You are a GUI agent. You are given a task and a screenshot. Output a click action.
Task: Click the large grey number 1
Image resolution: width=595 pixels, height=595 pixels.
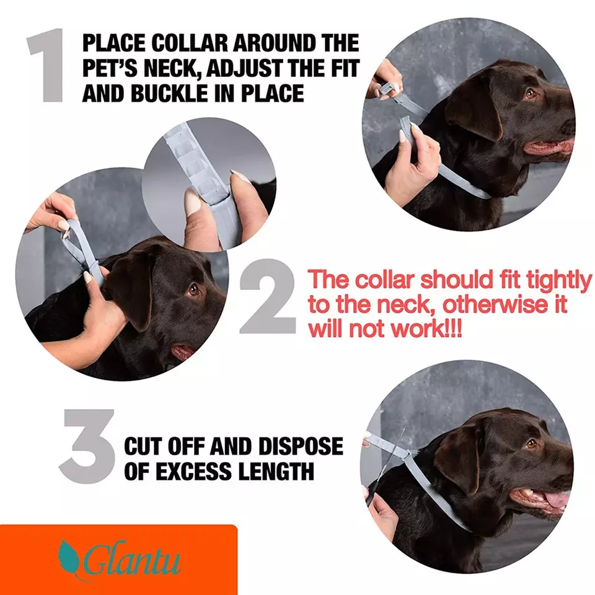(47, 67)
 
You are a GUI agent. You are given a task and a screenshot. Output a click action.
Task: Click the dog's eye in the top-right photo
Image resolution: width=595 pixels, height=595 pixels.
(530, 93)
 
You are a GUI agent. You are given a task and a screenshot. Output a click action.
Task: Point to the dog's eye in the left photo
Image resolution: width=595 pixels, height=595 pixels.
(194, 289)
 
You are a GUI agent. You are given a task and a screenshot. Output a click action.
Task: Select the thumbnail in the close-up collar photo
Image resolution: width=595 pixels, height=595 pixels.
(193, 201)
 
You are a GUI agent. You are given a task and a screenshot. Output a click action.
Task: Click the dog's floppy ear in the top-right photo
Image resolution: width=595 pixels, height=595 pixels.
(474, 112)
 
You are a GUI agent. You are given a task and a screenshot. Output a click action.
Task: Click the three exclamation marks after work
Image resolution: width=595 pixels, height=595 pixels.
(451, 329)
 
